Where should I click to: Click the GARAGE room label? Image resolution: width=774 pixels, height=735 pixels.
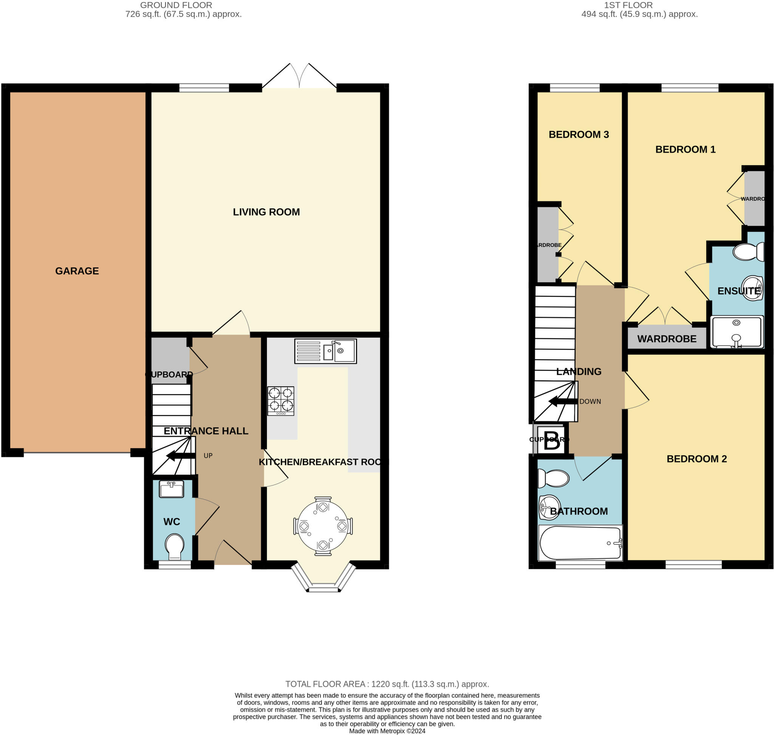[77, 271]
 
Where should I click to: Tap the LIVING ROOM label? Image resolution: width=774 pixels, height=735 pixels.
[266, 212]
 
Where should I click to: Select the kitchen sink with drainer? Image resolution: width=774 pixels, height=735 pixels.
[325, 351]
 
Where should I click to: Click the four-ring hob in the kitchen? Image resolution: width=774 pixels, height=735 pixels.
[280, 401]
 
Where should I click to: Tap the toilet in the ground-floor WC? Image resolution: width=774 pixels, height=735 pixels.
[174, 546]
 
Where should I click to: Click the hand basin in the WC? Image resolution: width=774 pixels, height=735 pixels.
[171, 489]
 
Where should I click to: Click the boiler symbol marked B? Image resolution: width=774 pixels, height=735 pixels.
[551, 441]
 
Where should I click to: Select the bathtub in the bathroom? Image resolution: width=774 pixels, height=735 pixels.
[580, 543]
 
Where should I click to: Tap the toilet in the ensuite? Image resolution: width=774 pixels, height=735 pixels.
[748, 252]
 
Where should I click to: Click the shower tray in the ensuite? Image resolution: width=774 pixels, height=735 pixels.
[736, 332]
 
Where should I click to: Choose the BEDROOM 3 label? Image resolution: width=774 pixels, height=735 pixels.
[579, 135]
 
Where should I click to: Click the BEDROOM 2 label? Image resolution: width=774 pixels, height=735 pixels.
[697, 459]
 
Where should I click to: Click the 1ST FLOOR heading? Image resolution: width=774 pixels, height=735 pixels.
[628, 5]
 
